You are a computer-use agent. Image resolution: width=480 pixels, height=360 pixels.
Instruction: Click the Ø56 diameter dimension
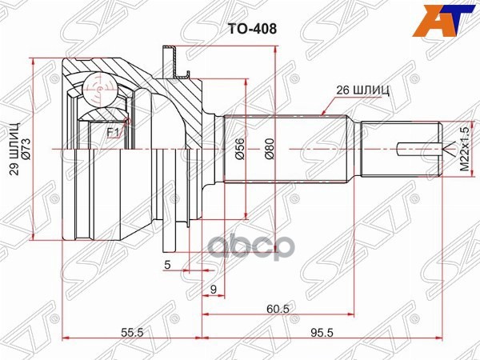click(239, 149)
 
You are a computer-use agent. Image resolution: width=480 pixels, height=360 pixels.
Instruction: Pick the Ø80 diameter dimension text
click(270, 149)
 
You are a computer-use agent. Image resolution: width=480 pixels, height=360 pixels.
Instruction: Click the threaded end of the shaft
click(400, 149)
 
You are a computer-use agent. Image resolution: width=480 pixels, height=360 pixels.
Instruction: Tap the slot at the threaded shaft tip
click(419, 149)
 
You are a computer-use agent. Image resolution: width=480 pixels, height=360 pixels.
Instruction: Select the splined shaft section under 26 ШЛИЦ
click(288, 149)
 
